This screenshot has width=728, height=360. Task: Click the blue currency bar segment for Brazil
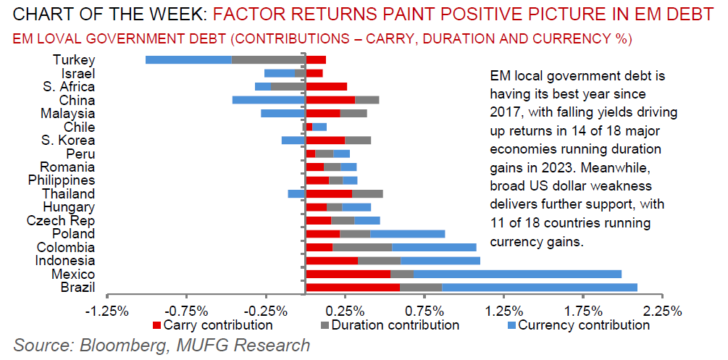tap(539, 288)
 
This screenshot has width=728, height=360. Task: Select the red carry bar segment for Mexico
tap(348, 274)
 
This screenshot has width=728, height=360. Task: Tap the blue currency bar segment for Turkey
tap(188, 59)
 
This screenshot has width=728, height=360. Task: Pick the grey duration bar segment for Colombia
tap(361, 247)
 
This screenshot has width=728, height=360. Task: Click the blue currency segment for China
tap(269, 99)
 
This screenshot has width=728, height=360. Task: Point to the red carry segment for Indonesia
tap(332, 261)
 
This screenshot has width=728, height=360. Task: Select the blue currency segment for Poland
tap(407, 234)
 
